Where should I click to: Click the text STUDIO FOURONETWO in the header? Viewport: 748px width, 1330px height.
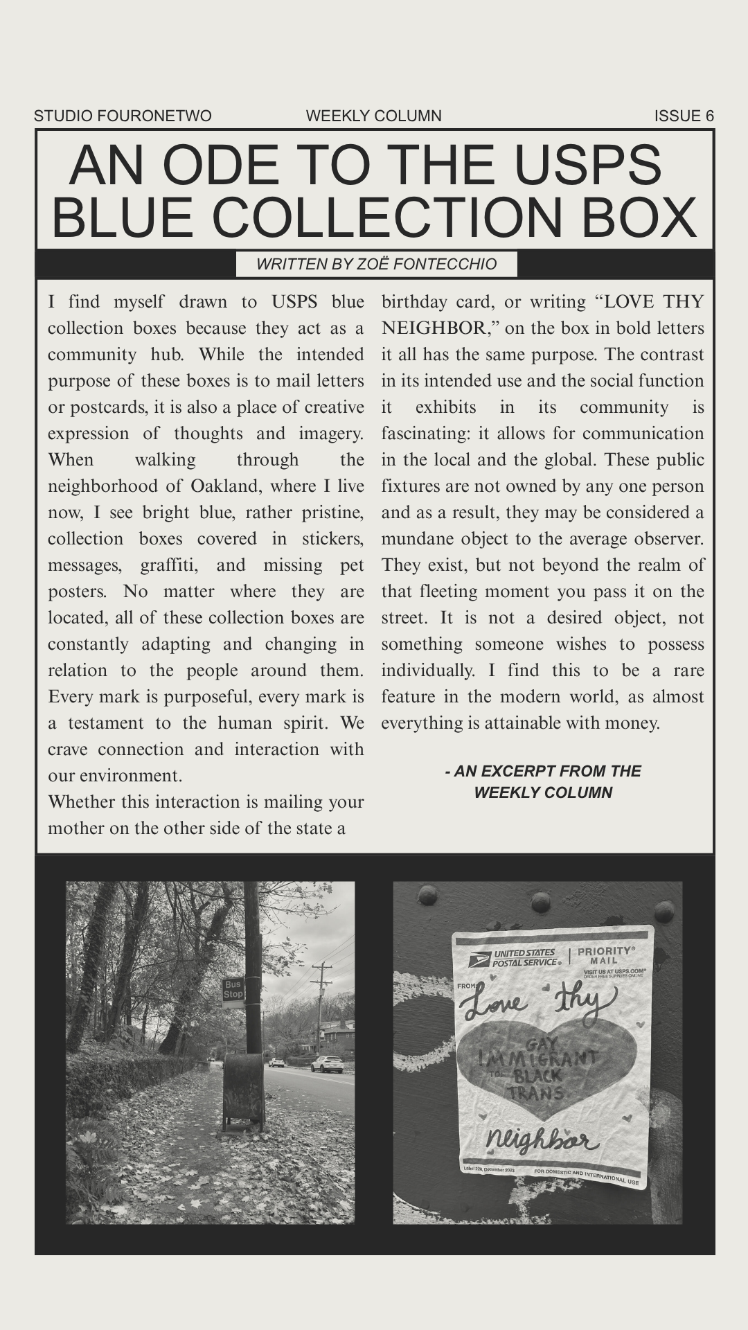click(x=123, y=116)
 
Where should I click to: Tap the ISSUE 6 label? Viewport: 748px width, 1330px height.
click(x=684, y=116)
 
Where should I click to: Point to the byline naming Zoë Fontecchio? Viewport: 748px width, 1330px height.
click(x=376, y=264)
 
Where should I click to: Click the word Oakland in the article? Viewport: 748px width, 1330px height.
click(x=224, y=486)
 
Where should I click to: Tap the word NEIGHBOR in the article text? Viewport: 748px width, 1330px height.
click(x=434, y=328)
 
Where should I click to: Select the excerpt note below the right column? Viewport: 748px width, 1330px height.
click(x=543, y=781)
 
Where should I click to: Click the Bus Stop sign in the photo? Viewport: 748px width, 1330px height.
click(x=233, y=989)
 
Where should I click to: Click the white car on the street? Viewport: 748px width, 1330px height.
click(x=328, y=1064)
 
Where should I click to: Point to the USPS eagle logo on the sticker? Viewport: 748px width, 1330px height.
click(x=479, y=959)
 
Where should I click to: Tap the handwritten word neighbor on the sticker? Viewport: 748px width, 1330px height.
click(x=542, y=1139)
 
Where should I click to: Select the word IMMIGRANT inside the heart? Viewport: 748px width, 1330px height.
click(x=537, y=1057)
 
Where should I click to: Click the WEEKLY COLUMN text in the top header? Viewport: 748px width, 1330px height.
click(x=373, y=116)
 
